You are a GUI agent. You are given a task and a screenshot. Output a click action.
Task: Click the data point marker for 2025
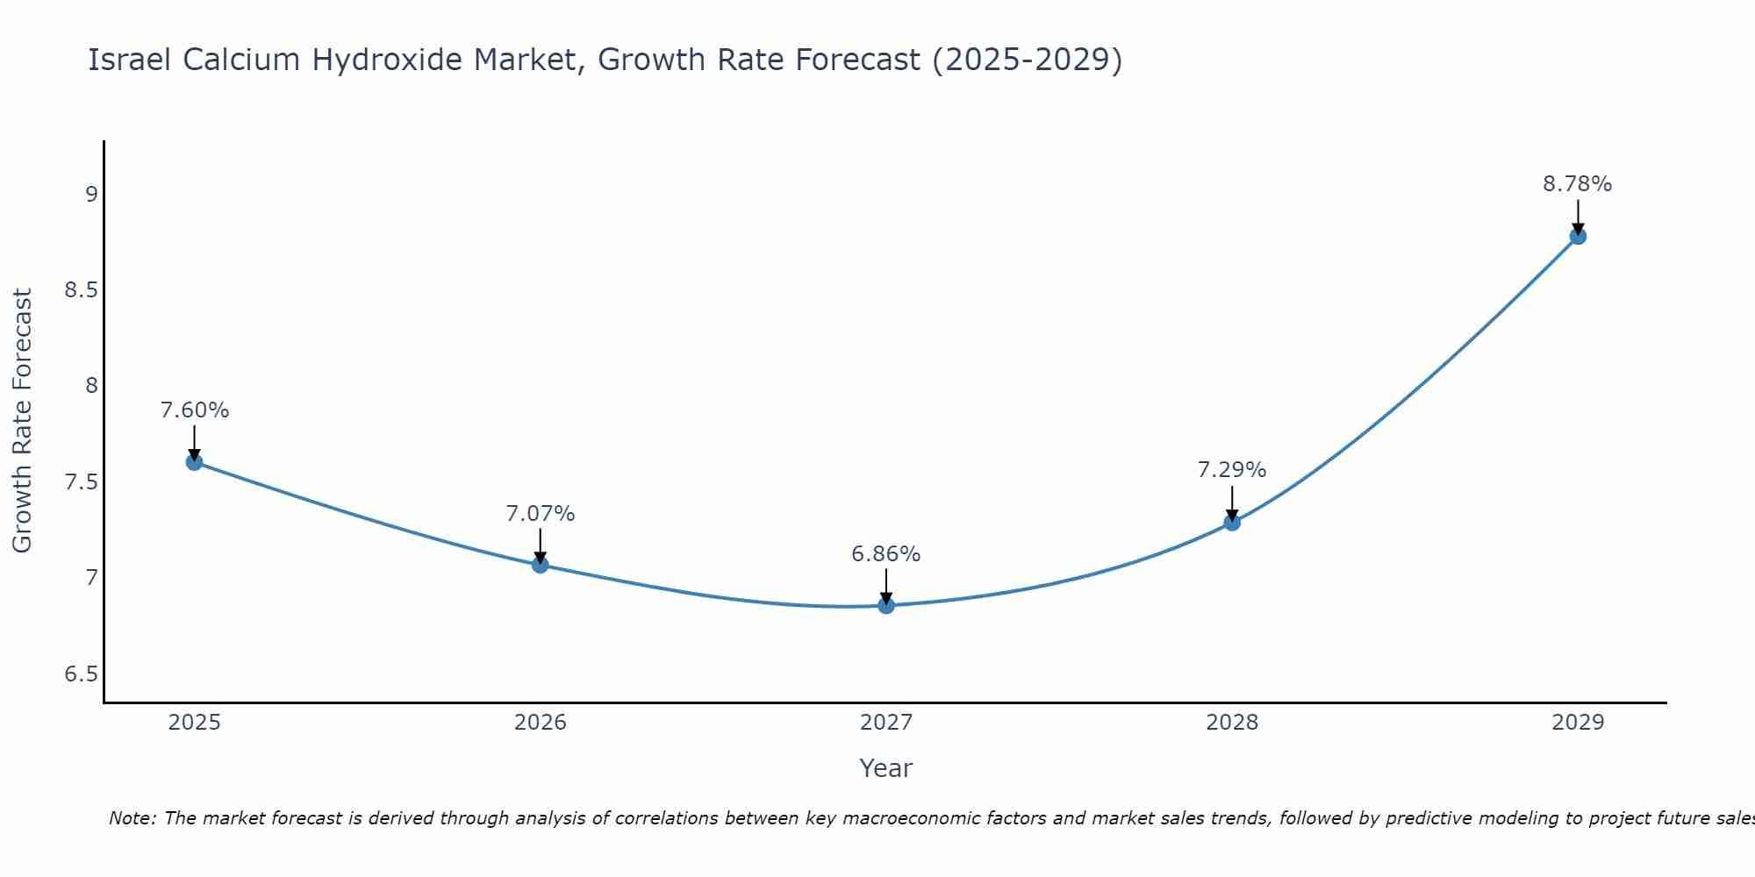point(195,462)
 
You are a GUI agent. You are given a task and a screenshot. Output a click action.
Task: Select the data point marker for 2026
point(541,565)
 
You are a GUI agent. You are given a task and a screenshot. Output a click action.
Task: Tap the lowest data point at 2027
point(886,605)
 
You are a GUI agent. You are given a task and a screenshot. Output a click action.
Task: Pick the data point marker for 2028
point(1232,523)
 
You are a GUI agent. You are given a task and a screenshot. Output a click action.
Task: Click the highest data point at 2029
point(1578,236)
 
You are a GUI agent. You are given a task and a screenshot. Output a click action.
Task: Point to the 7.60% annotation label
point(195,410)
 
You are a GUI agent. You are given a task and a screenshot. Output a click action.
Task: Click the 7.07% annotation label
point(541,514)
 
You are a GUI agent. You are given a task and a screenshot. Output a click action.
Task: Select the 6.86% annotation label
point(886,554)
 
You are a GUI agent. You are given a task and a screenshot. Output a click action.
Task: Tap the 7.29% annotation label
point(1232,470)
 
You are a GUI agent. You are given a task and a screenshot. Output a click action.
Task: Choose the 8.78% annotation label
point(1578,184)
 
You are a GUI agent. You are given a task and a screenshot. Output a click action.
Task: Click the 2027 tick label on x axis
point(886,723)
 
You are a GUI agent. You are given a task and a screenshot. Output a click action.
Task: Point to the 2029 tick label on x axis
point(1578,723)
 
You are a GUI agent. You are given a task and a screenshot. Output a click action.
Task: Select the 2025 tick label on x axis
point(195,723)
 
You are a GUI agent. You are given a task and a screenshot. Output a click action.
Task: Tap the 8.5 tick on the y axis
point(81,290)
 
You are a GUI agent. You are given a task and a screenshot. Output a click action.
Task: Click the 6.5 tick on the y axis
point(81,674)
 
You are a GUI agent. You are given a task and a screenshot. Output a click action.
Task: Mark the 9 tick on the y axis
point(91,195)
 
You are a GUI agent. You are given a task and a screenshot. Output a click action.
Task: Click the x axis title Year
point(886,768)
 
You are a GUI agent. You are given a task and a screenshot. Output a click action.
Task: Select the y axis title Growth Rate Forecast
point(23,421)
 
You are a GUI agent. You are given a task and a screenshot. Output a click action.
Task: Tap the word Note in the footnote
point(132,818)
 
